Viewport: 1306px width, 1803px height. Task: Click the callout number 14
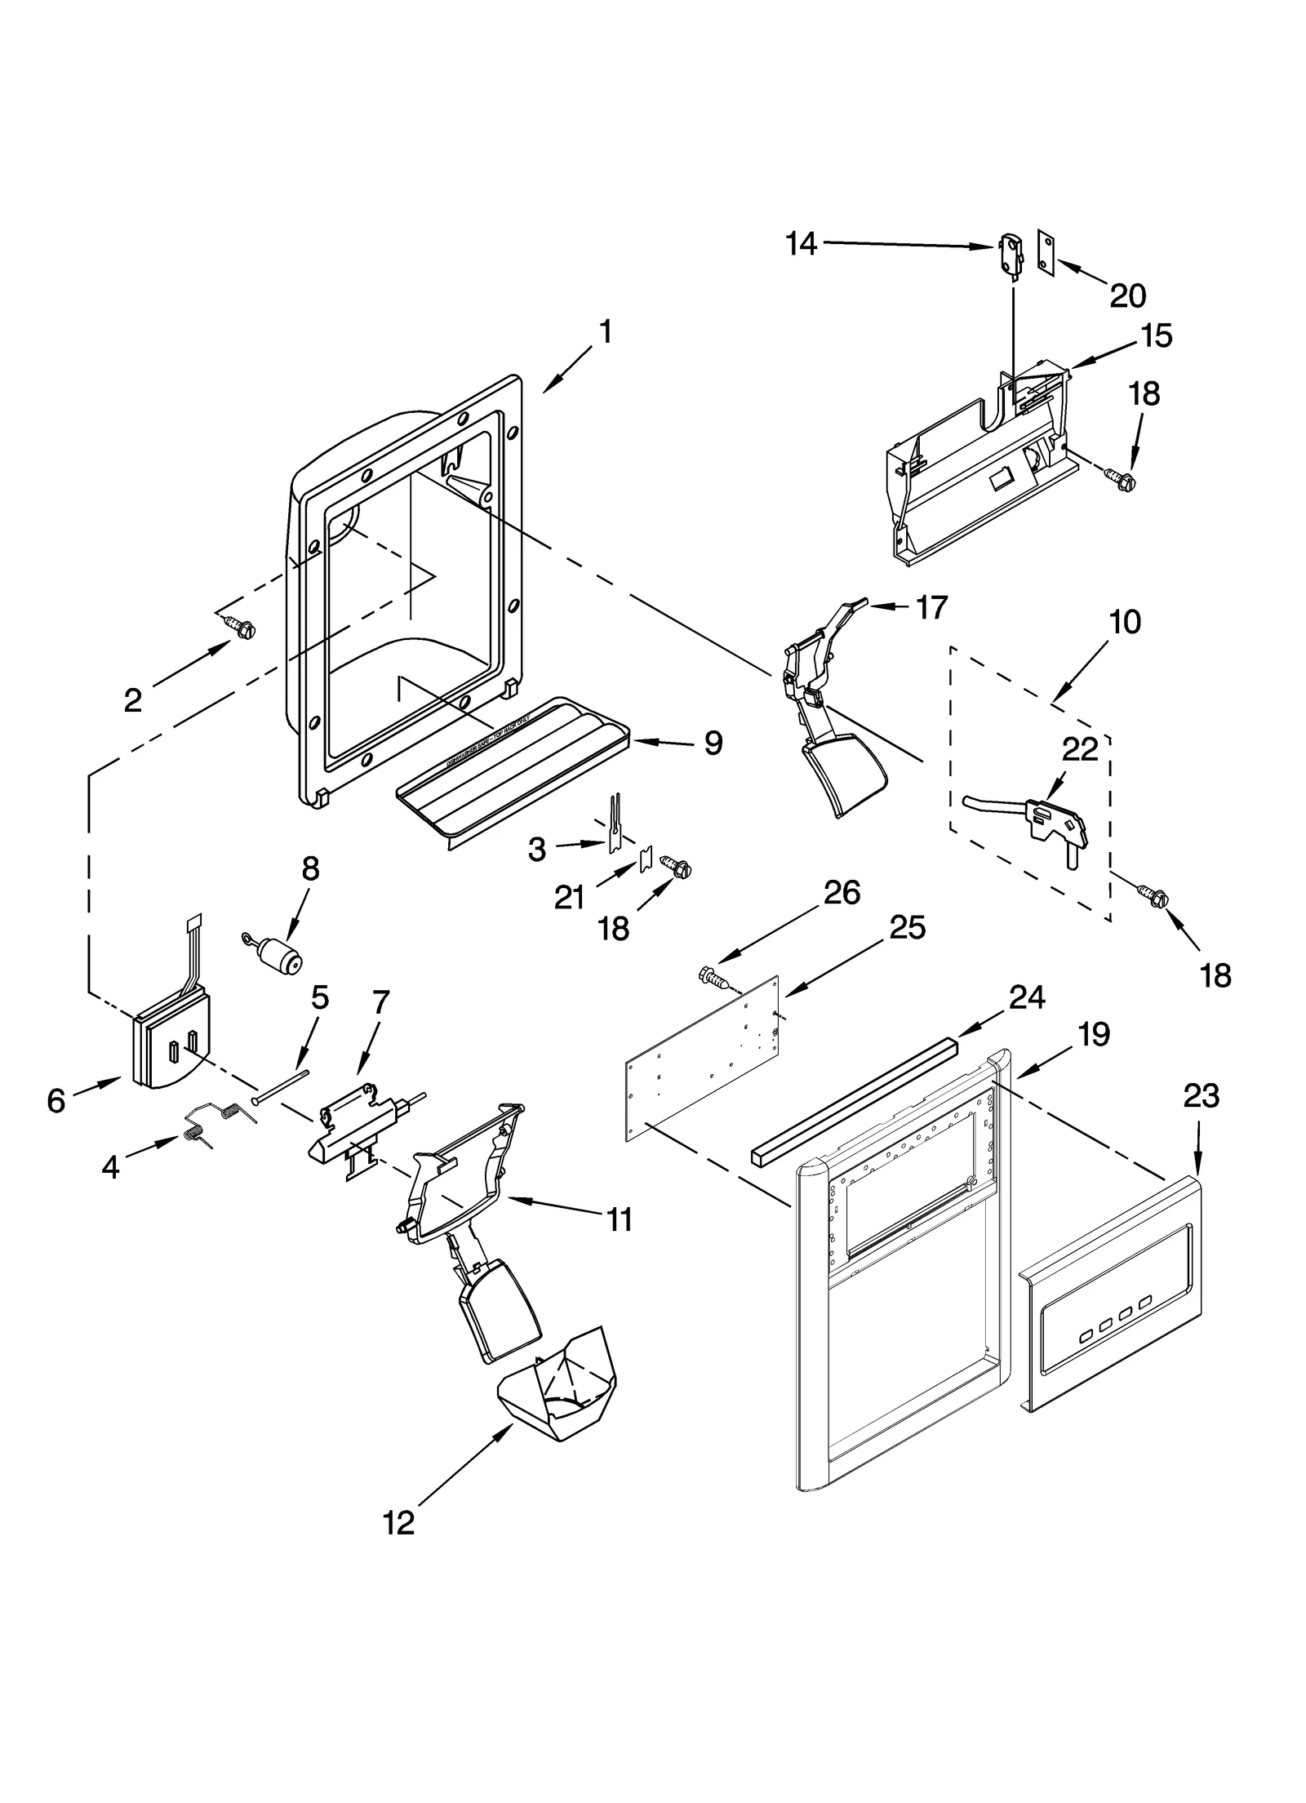click(801, 243)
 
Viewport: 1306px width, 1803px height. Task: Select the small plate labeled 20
click(1045, 247)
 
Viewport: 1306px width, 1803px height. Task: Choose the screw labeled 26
click(715, 976)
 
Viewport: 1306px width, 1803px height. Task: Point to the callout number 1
click(605, 332)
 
